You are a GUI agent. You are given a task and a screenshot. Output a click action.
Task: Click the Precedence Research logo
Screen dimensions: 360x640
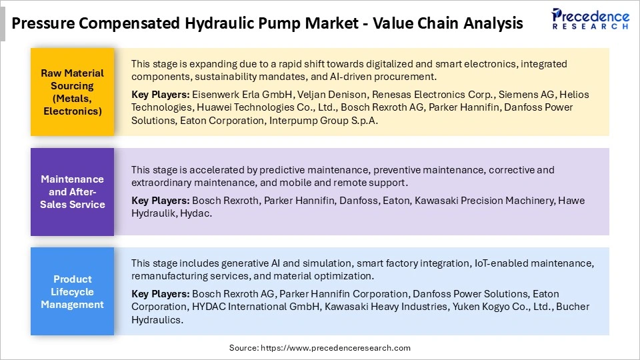pyautogui.click(x=590, y=19)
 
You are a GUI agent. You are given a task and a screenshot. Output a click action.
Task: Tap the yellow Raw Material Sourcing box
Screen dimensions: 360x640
pyautogui.click(x=72, y=92)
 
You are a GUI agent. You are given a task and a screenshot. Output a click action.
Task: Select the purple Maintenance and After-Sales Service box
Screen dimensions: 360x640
pyautogui.click(x=72, y=191)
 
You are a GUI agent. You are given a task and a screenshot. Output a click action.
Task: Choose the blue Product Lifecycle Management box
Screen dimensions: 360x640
pyautogui.click(x=72, y=291)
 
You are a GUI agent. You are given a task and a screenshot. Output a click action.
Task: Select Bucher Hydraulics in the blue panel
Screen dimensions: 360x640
pyautogui.click(x=157, y=319)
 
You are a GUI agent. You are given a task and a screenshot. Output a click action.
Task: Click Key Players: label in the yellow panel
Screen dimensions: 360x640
pyautogui.click(x=160, y=95)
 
